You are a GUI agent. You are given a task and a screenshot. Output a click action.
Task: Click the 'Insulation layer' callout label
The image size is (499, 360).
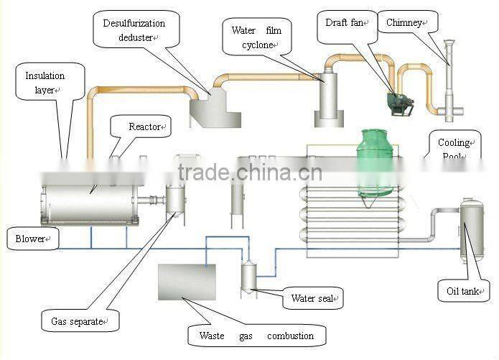[x=45, y=82]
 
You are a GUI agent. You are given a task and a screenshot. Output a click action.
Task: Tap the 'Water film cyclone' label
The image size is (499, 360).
[x=256, y=37]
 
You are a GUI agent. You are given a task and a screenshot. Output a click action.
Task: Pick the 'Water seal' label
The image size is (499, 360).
[x=311, y=298]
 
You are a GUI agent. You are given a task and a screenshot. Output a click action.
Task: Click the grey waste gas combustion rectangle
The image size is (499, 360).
[x=186, y=282]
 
